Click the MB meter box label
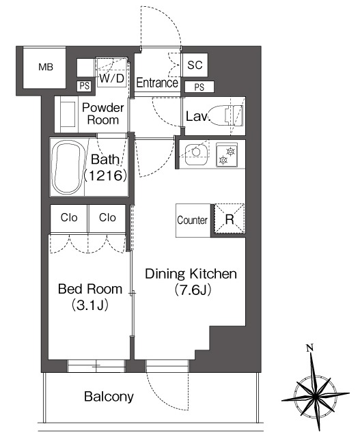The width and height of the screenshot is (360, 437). (46, 67)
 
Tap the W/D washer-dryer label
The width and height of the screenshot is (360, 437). (111, 79)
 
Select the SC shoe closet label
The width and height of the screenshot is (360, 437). (195, 66)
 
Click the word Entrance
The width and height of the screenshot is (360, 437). (157, 83)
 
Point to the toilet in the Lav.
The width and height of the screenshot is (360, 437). (227, 115)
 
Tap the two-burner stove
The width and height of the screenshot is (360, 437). (227, 155)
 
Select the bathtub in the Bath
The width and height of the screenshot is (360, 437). (68, 167)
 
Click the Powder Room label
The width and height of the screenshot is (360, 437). (103, 114)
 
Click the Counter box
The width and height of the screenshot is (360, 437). (193, 221)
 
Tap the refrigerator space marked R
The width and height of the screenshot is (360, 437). (230, 219)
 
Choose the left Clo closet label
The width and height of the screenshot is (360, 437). (69, 217)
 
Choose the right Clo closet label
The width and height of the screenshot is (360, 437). (107, 217)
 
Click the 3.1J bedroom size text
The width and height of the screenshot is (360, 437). (90, 305)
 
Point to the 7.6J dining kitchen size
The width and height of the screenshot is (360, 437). (192, 290)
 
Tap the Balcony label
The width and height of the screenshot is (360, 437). (109, 397)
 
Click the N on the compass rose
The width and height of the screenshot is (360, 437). (310, 348)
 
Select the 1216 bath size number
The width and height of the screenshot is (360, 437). (106, 175)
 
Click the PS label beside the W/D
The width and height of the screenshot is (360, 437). (84, 86)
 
